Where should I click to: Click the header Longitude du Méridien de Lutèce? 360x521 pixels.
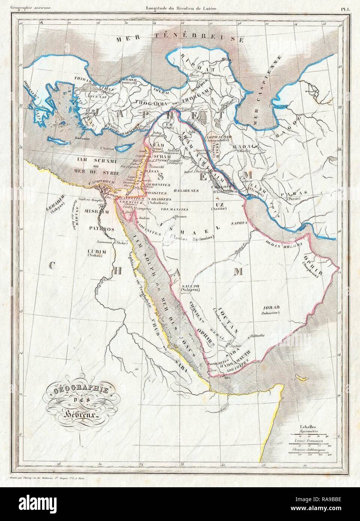point(179,7)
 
